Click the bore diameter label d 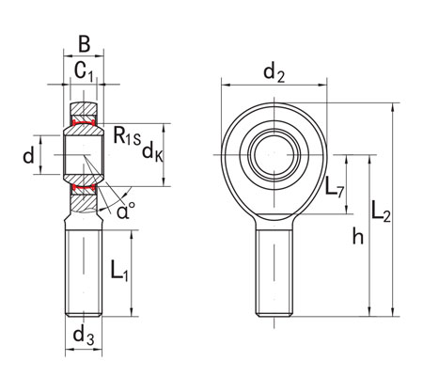click(29, 154)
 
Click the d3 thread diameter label click(84, 336)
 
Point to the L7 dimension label click(334, 189)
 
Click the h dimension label click(358, 238)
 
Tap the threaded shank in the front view click(274, 273)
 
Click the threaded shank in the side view click(84, 273)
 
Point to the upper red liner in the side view click(84, 122)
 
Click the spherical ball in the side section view click(84, 155)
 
